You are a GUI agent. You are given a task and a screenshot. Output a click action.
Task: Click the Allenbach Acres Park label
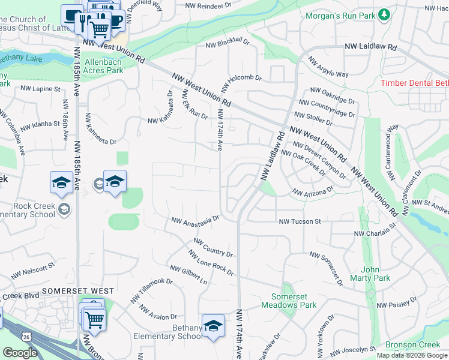(x=104, y=66)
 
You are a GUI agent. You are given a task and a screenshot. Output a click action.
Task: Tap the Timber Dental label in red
(x=414, y=83)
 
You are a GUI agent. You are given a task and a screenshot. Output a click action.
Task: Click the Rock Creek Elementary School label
(x=27, y=210)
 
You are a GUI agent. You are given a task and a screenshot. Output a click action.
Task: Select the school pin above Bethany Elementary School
(x=213, y=325)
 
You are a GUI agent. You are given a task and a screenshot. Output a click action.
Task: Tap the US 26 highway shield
(x=26, y=339)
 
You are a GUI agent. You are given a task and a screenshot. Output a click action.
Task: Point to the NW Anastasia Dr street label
(x=195, y=221)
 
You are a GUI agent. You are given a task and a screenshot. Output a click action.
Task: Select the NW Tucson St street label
(x=300, y=221)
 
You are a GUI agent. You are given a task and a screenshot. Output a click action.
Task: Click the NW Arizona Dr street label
(x=312, y=192)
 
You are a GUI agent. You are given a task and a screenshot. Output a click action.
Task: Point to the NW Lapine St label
(x=41, y=89)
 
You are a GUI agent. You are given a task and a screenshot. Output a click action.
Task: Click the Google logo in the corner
(x=20, y=353)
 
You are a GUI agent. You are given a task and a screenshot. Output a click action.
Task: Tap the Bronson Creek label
(x=413, y=344)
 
